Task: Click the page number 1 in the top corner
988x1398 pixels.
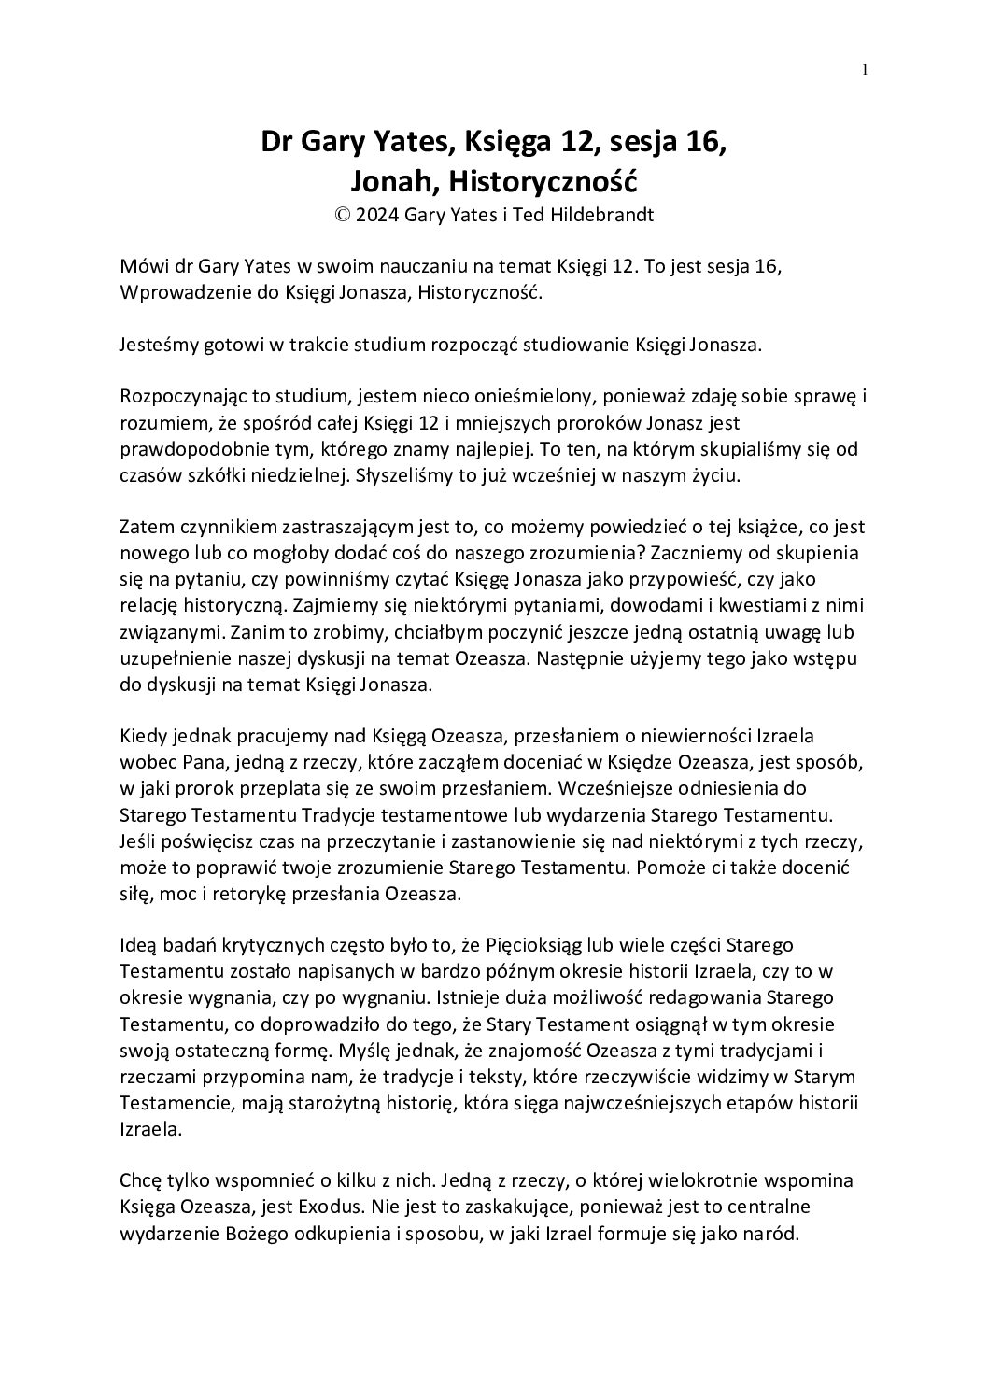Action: tap(865, 69)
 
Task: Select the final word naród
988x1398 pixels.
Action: tap(774, 1234)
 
